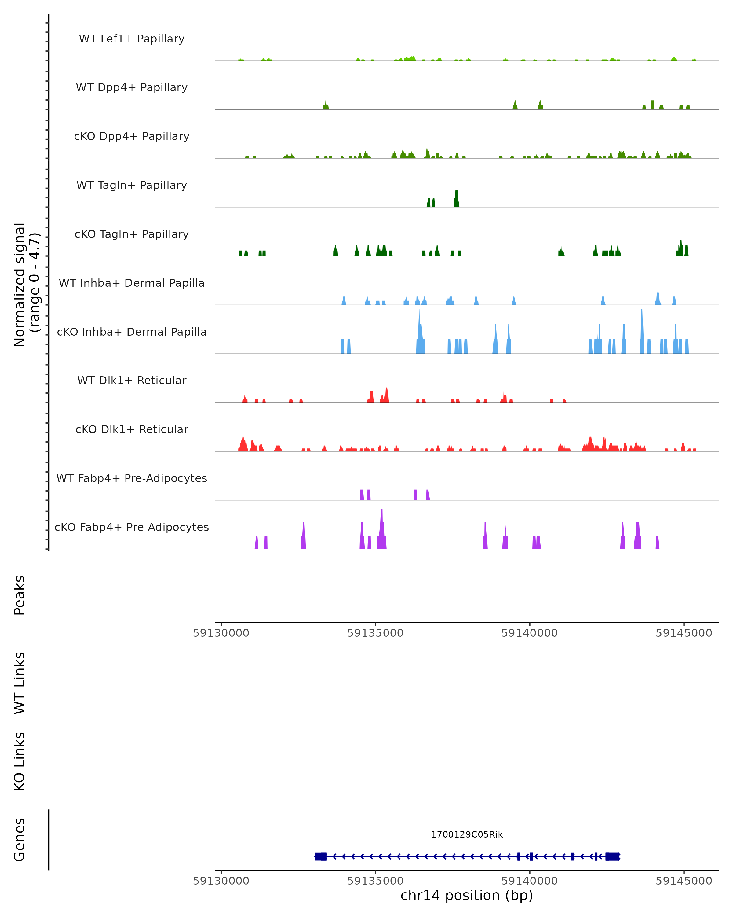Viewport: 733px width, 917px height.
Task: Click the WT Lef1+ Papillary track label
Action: pyautogui.click(x=132, y=39)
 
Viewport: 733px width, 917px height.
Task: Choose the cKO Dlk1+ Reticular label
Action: pyautogui.click(x=132, y=429)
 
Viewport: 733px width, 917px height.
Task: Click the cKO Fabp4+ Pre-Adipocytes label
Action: pyautogui.click(x=132, y=527)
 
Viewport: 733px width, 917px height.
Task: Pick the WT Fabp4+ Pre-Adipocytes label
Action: pyautogui.click(x=132, y=478)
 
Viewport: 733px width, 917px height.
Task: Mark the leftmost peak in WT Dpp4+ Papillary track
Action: pyautogui.click(x=326, y=105)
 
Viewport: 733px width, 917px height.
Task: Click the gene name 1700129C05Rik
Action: pyautogui.click(x=467, y=834)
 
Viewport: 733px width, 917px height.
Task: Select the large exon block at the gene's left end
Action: pyautogui.click(x=321, y=856)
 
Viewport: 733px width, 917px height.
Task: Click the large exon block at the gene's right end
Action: pyautogui.click(x=612, y=856)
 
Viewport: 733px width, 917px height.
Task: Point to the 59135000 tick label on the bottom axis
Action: pyautogui.click(x=375, y=880)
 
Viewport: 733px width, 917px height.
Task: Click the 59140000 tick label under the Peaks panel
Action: pyautogui.click(x=530, y=633)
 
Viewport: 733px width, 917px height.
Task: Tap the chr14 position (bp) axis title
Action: pyautogui.click(x=467, y=895)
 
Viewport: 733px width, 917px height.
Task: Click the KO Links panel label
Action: pyautogui.click(x=20, y=761)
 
